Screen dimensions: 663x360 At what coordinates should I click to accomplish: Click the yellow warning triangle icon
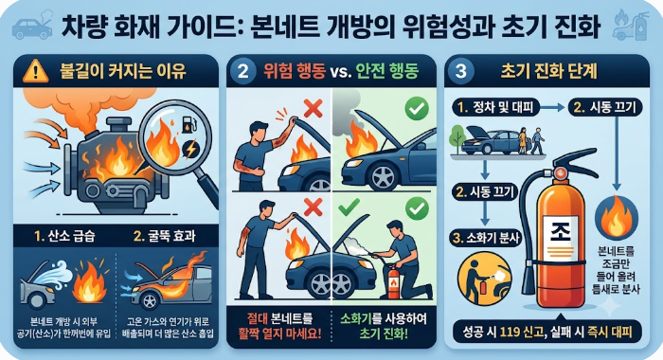(x=36, y=71)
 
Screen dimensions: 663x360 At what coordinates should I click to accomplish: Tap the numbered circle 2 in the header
(x=242, y=71)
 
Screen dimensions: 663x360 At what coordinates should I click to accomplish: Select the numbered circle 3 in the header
(x=461, y=71)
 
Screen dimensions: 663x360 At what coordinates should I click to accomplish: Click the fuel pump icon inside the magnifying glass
(x=188, y=124)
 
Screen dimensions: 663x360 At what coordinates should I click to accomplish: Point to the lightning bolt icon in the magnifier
(x=190, y=150)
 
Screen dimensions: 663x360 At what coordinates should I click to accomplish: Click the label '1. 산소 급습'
(x=64, y=236)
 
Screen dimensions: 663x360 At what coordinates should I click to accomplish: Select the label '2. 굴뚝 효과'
(x=164, y=236)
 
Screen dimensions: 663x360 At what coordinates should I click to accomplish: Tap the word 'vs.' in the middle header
(x=340, y=72)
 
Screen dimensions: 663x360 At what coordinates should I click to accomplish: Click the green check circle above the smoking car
(x=417, y=109)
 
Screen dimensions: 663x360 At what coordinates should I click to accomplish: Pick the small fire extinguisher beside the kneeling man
(x=393, y=281)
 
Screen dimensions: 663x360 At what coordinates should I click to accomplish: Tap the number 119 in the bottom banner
(x=513, y=332)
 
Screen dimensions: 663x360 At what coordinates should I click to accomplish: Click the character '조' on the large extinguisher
(x=561, y=232)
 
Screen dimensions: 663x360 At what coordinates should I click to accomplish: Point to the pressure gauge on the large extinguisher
(x=561, y=172)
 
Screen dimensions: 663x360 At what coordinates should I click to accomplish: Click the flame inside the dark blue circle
(x=617, y=217)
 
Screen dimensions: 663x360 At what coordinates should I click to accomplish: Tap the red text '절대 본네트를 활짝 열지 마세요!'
(x=280, y=326)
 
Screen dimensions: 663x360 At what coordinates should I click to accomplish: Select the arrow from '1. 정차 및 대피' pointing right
(x=553, y=107)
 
